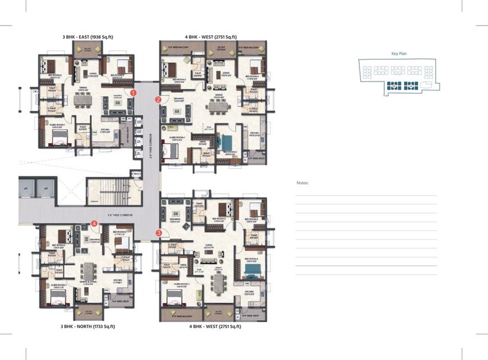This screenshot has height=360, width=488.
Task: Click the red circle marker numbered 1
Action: (134, 92)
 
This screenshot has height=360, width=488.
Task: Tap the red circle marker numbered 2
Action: (158, 99)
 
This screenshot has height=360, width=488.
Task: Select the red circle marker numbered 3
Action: (159, 233)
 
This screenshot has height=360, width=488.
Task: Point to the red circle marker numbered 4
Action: (94, 224)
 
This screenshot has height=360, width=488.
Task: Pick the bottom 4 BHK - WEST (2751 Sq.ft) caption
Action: (215, 327)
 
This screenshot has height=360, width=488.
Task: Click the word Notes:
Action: (302, 183)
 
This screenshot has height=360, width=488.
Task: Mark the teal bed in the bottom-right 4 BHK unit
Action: (251, 272)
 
